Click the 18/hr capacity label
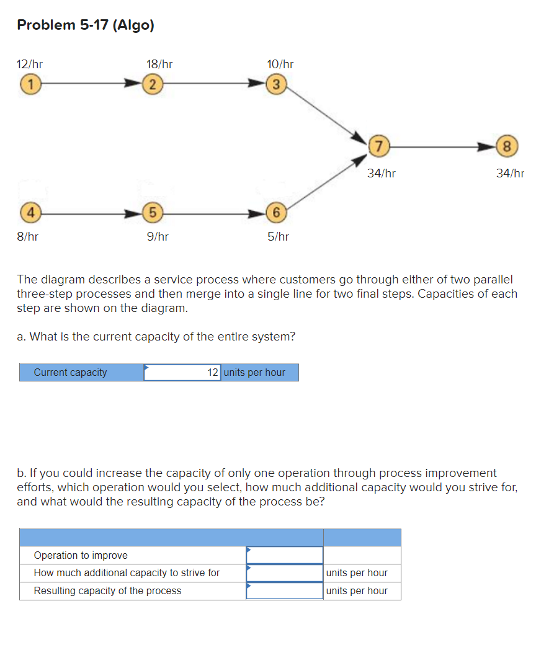(x=159, y=64)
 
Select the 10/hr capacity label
(x=280, y=64)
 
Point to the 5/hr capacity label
(x=278, y=236)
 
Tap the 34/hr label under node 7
(x=381, y=174)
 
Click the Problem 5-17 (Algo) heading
(x=86, y=25)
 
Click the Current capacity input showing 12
(x=182, y=372)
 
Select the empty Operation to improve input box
(x=284, y=555)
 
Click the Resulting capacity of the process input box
(x=284, y=590)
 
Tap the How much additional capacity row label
(x=127, y=572)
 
